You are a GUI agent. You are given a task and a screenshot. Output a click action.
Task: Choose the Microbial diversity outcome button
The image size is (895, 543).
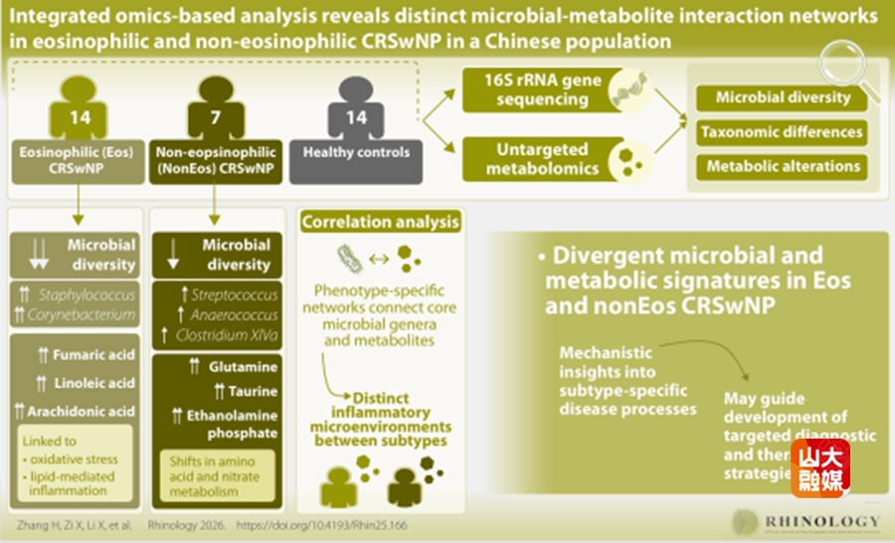pyautogui.click(x=783, y=97)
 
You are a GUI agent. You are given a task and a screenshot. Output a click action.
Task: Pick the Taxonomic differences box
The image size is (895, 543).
pyautogui.click(x=782, y=131)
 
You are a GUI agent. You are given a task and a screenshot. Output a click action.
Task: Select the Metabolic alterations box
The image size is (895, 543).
pyautogui.click(x=782, y=166)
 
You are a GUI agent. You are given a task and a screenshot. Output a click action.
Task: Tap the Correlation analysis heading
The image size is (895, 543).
pyautogui.click(x=381, y=222)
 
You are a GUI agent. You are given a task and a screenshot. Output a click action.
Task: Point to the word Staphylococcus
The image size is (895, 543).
pyautogui.click(x=86, y=295)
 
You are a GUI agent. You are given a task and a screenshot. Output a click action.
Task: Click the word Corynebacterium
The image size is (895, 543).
pyautogui.click(x=86, y=315)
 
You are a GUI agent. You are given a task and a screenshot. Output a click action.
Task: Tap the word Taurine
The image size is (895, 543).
pyautogui.click(x=250, y=392)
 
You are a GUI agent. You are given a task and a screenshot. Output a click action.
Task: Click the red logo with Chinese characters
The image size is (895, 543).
pyautogui.click(x=820, y=468)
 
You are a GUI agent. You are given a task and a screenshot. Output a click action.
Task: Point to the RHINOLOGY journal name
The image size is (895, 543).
pyautogui.click(x=821, y=521)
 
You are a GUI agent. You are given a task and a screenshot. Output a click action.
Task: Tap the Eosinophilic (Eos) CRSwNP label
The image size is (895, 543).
pyautogui.click(x=74, y=160)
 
